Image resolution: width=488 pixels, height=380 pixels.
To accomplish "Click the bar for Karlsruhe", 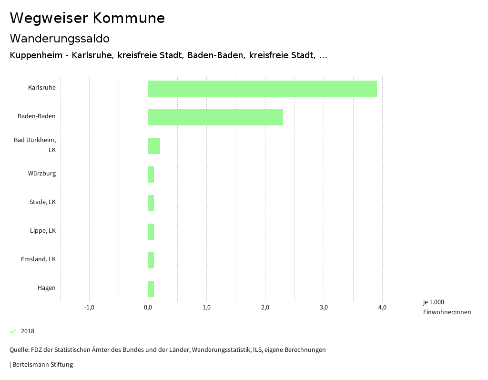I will click(x=262, y=89).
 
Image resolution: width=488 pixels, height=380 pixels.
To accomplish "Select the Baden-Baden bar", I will click(x=215, y=117).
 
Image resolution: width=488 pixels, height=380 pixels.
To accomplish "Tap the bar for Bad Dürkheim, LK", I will click(x=154, y=146).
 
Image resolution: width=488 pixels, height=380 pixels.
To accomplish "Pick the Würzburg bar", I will click(x=151, y=175).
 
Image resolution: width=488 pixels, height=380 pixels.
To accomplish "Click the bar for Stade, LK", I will click(x=151, y=203).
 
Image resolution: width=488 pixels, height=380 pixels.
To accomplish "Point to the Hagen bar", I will click(x=151, y=289).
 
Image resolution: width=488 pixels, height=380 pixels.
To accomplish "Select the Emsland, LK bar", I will click(x=151, y=260).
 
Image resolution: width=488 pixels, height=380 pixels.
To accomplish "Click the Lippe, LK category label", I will click(x=43, y=231).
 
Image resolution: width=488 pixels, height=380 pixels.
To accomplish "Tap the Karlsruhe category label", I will click(x=42, y=88).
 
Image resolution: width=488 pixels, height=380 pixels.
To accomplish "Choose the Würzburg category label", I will click(x=42, y=174).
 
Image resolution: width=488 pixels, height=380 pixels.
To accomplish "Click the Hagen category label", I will click(x=47, y=288).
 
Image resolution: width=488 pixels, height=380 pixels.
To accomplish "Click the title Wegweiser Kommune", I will click(x=87, y=18).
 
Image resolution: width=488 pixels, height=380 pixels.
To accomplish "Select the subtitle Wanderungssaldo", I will click(x=60, y=38).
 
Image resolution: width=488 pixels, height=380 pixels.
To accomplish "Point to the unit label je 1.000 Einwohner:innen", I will click(x=447, y=307).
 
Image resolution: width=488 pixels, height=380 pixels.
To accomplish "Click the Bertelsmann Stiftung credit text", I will click(x=42, y=365).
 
